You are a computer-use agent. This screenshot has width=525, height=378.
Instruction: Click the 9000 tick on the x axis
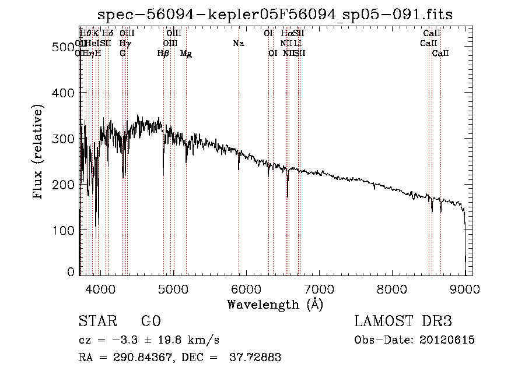click(465, 288)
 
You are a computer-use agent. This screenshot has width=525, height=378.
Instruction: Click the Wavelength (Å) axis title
click(275, 303)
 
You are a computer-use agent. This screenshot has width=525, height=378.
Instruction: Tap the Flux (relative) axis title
click(39, 153)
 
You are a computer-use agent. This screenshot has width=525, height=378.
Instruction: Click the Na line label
click(238, 44)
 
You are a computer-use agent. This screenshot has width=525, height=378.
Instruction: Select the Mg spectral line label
click(186, 54)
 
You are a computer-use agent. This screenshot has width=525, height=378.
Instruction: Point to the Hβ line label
click(163, 54)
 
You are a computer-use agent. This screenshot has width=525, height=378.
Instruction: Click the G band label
click(123, 54)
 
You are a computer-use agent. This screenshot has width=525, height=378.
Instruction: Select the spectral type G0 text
click(150, 322)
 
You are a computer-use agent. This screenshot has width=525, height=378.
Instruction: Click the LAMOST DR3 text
click(403, 322)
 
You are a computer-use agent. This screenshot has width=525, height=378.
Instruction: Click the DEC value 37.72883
click(257, 358)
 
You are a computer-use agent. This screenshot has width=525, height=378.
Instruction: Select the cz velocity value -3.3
click(121, 340)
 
